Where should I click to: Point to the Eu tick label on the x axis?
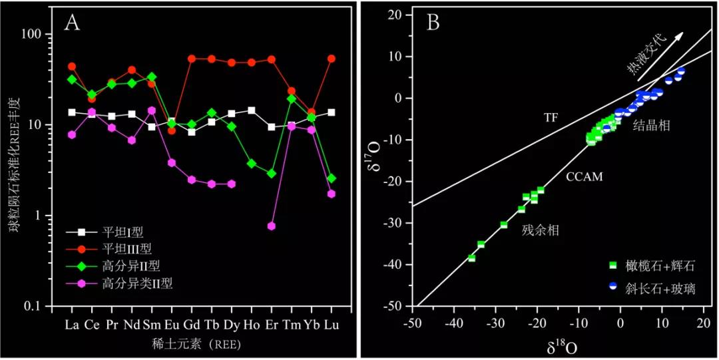coord(171,325)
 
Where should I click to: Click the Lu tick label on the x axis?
coord(331,325)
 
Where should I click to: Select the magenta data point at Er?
coord(271,226)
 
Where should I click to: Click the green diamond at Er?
coord(271,174)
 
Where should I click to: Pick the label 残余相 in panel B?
coord(540,231)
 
